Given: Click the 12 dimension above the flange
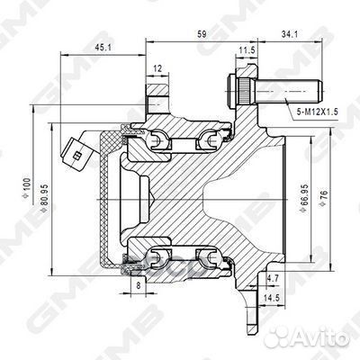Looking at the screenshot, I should pyautogui.click(x=157, y=67).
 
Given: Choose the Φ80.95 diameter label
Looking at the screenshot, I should pyautogui.click(x=48, y=203).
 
